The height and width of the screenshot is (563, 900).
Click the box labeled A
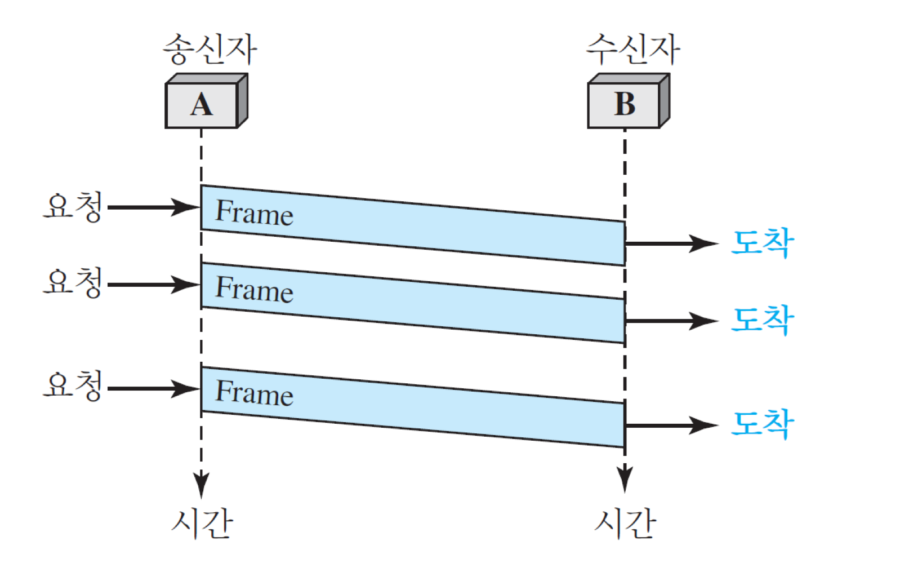(x=202, y=105)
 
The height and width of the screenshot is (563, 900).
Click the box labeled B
(x=624, y=105)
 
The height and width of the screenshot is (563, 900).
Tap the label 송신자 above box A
(x=210, y=49)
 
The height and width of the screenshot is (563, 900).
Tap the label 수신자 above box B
(x=633, y=49)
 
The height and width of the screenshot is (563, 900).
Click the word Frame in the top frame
(x=255, y=212)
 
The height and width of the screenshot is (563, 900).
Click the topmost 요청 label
(x=74, y=206)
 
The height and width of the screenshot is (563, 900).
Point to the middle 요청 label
(x=74, y=282)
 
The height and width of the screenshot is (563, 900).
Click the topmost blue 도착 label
(x=763, y=243)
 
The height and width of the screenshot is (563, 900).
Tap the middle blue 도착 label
(x=763, y=320)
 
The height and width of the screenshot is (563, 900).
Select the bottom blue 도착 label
(x=763, y=423)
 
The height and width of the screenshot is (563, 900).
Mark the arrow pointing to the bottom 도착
(x=670, y=425)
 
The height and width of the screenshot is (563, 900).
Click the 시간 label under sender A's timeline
(x=202, y=523)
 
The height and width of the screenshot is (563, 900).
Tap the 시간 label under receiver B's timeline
(x=625, y=523)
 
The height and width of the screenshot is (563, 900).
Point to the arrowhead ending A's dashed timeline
(x=201, y=484)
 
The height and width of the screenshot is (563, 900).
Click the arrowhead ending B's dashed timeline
(x=625, y=479)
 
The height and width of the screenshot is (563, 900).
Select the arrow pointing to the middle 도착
(x=670, y=321)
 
